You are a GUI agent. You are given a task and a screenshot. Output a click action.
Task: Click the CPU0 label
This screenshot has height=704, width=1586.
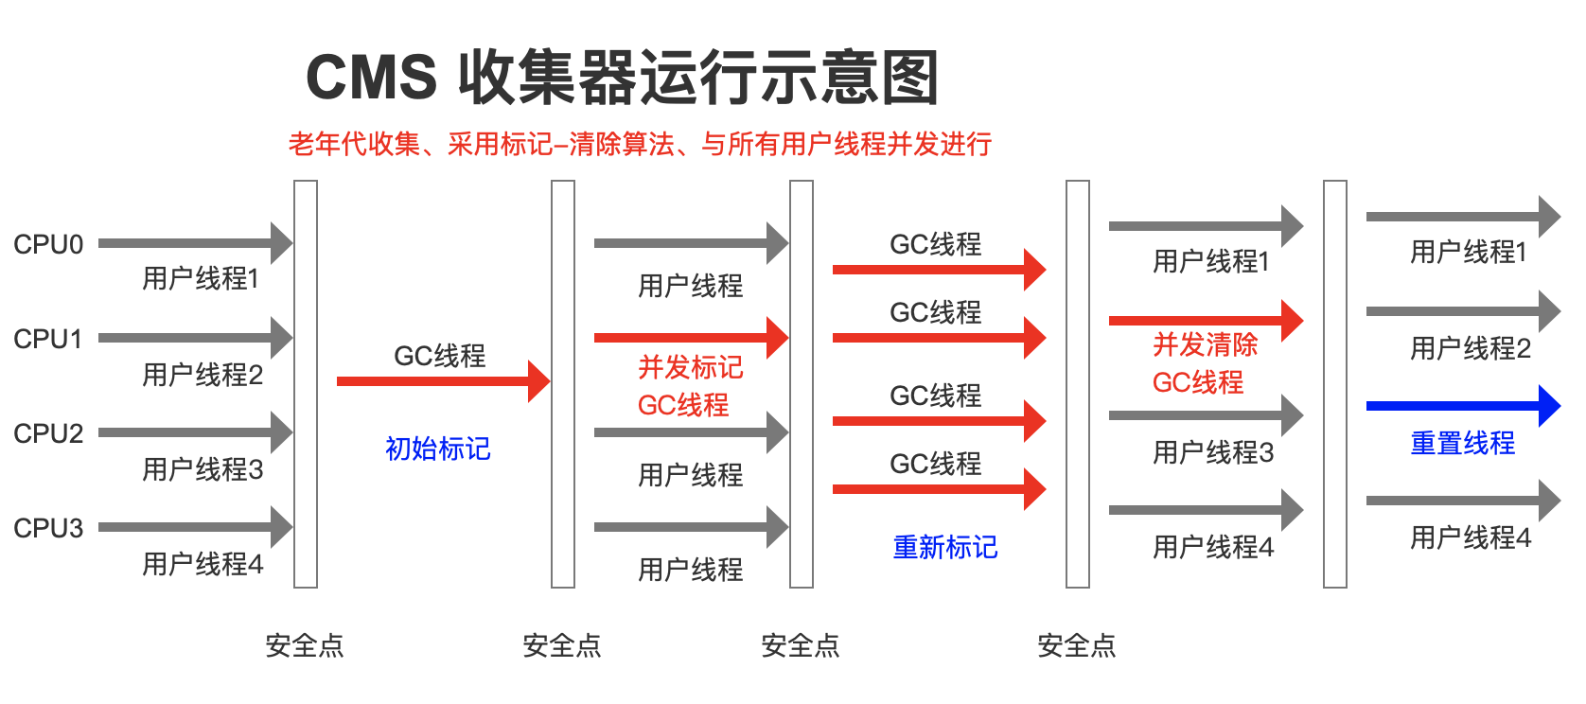click(x=48, y=244)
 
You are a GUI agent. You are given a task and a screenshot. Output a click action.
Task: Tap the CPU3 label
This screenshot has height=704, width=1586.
click(x=48, y=528)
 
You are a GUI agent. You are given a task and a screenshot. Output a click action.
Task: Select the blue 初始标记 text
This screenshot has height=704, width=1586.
click(x=438, y=448)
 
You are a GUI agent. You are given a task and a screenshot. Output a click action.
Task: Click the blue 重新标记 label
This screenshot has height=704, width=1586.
click(x=944, y=547)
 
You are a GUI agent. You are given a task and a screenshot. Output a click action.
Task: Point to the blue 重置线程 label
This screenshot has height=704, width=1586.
click(x=1462, y=443)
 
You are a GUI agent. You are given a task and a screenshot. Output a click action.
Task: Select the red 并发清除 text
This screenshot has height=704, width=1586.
click(x=1205, y=344)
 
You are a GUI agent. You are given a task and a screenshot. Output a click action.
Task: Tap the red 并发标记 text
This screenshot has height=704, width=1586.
click(x=690, y=367)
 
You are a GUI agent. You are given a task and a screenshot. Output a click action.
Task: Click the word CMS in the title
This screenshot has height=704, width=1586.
click(x=371, y=78)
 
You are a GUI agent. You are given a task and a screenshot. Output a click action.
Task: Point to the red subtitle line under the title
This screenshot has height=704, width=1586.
click(x=640, y=144)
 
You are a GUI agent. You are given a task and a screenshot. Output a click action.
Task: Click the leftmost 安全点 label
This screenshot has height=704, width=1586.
click(x=305, y=645)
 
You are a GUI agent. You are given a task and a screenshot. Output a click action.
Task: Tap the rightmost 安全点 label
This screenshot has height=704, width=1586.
click(x=1077, y=645)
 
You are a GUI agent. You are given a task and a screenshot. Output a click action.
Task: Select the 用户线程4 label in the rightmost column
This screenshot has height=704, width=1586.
click(x=1470, y=537)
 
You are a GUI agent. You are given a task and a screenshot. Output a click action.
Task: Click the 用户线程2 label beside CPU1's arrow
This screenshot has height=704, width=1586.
click(x=203, y=375)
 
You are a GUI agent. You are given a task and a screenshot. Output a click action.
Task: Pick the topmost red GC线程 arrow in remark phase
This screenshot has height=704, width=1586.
click(x=938, y=270)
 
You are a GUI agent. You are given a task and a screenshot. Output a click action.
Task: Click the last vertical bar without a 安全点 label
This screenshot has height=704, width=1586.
click(x=1334, y=383)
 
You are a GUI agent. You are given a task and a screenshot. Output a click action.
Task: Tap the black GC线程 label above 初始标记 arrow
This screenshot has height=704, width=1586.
click(x=440, y=356)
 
